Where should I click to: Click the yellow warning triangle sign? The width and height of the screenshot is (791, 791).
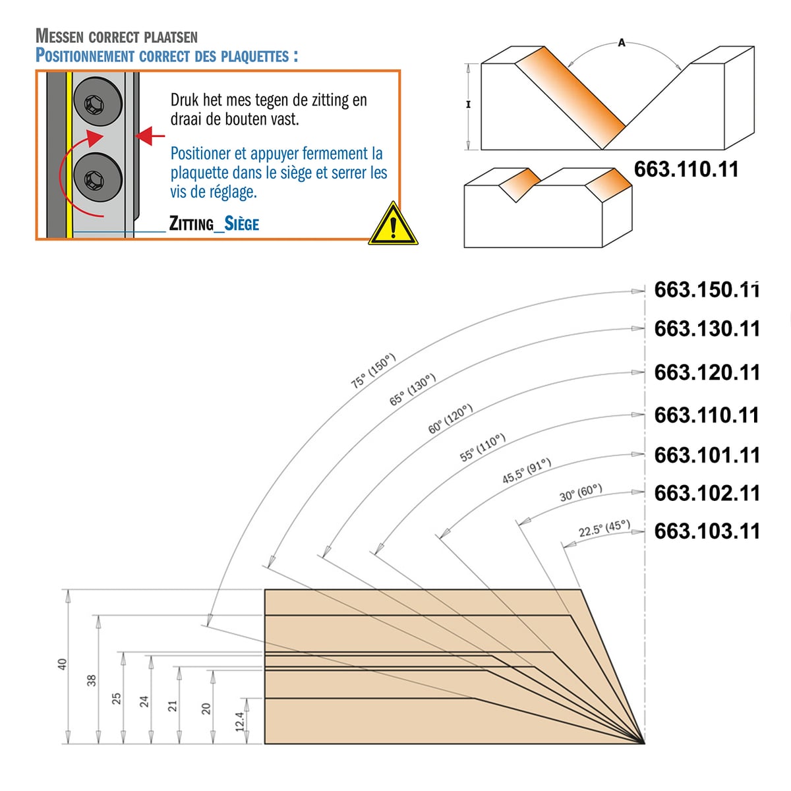393,225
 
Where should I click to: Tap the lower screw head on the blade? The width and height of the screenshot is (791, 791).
98,178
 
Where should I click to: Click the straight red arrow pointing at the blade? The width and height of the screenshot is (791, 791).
150,136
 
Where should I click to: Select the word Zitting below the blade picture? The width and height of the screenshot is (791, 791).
192,223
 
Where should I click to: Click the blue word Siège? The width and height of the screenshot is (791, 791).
242,223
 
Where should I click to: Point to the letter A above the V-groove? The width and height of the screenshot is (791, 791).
622,42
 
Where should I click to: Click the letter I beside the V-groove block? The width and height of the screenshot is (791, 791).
469,105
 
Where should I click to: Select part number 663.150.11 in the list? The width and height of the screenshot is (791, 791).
707,290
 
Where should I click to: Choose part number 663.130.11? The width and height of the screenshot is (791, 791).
707,329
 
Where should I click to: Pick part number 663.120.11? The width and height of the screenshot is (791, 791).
707,372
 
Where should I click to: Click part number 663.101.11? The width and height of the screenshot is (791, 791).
707,455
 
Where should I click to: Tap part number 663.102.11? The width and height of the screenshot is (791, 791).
707,493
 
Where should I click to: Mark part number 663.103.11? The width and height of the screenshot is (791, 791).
707,531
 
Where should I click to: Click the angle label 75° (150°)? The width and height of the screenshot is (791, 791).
373,370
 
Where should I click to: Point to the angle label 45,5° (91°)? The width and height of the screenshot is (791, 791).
527,471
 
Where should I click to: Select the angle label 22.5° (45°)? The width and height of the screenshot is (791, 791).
604,529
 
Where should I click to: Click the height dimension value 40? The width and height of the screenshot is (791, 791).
62,664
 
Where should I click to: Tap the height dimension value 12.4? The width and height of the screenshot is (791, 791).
240,722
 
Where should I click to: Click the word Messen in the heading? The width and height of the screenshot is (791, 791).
59,36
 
